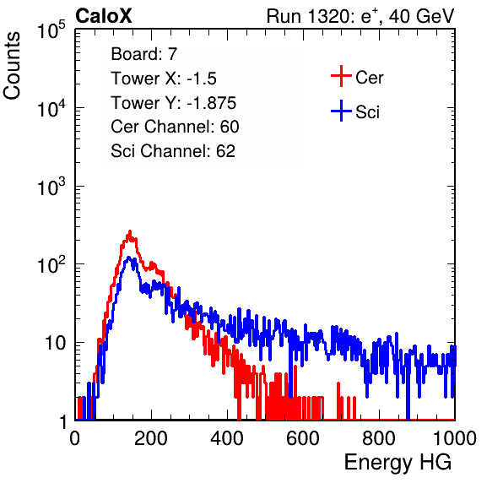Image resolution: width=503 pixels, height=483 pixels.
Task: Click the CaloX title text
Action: click(104, 16)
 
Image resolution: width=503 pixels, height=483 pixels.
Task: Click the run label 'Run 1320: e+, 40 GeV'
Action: click(360, 16)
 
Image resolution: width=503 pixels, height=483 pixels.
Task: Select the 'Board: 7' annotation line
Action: click(143, 54)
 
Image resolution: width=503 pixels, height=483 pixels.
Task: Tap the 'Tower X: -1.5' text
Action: click(164, 79)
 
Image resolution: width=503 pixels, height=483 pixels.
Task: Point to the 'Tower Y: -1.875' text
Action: click(174, 103)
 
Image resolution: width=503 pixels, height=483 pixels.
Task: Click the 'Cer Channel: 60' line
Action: click(175, 127)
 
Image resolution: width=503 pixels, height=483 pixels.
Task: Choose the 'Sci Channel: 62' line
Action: click(173, 151)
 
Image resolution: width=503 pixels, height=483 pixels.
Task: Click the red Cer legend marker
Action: click(341, 76)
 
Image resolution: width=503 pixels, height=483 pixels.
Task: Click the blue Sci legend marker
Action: click(341, 111)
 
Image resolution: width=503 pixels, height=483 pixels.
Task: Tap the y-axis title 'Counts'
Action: click(12, 65)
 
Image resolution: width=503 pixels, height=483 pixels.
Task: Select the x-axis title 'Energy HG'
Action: click(398, 463)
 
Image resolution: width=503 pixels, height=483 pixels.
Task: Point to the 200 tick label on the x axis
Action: click(151, 438)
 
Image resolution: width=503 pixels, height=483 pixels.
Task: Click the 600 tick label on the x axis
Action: click(303, 438)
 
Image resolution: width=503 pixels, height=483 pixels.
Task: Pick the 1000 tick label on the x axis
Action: click(455, 438)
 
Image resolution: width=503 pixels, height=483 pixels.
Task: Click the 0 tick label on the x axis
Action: click(75, 438)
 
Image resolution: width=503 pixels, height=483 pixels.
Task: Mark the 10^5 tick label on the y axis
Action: click(51, 30)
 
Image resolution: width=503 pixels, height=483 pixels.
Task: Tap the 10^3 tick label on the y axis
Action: click(51, 186)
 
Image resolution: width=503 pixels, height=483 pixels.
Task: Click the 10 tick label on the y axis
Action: click(55, 343)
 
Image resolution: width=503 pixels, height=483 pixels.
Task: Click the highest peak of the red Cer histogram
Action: click(130, 231)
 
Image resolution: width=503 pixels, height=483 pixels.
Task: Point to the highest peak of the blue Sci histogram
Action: click(129, 257)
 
